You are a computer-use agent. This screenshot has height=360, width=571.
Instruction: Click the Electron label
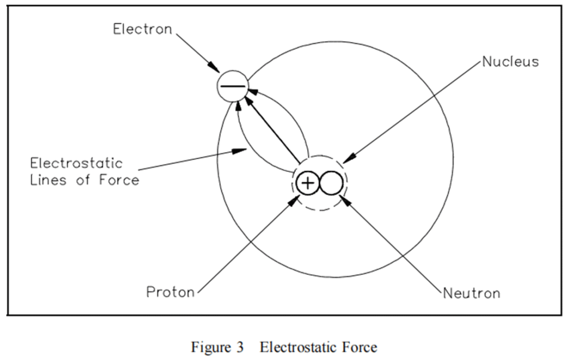[143, 29]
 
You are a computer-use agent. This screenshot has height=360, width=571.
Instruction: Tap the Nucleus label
[510, 61]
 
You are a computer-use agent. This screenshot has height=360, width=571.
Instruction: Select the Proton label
[170, 292]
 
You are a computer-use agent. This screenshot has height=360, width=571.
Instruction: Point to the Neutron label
[471, 293]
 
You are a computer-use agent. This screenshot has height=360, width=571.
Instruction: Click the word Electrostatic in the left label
[76, 164]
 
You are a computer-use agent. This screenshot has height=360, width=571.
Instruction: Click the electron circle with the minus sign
[232, 86]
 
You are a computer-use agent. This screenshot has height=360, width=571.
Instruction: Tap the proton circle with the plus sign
[307, 183]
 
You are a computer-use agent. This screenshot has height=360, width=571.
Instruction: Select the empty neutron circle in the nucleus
[330, 183]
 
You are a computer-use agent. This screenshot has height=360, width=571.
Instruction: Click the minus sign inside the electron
[232, 86]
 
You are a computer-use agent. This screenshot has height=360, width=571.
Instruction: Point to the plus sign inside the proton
[307, 183]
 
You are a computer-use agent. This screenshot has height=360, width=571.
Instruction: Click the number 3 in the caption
[239, 348]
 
